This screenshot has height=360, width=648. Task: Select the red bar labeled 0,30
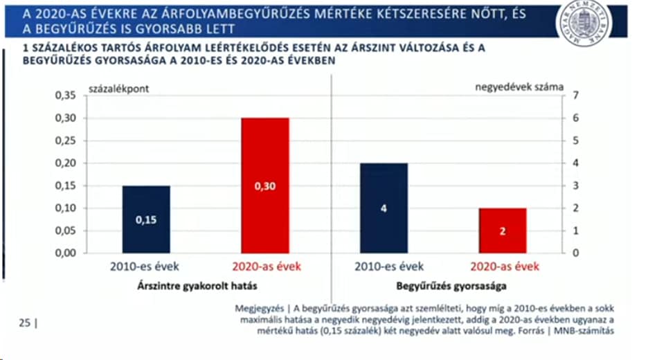(x=264, y=185)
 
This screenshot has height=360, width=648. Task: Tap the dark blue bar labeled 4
(x=383, y=208)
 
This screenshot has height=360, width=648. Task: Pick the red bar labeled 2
(x=502, y=230)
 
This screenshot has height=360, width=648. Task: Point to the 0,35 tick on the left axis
(x=64, y=96)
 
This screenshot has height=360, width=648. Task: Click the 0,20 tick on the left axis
(x=64, y=163)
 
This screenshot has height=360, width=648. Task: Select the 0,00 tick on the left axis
(x=64, y=253)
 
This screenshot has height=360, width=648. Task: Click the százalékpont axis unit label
(x=119, y=88)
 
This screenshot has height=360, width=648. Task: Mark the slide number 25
(x=24, y=322)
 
